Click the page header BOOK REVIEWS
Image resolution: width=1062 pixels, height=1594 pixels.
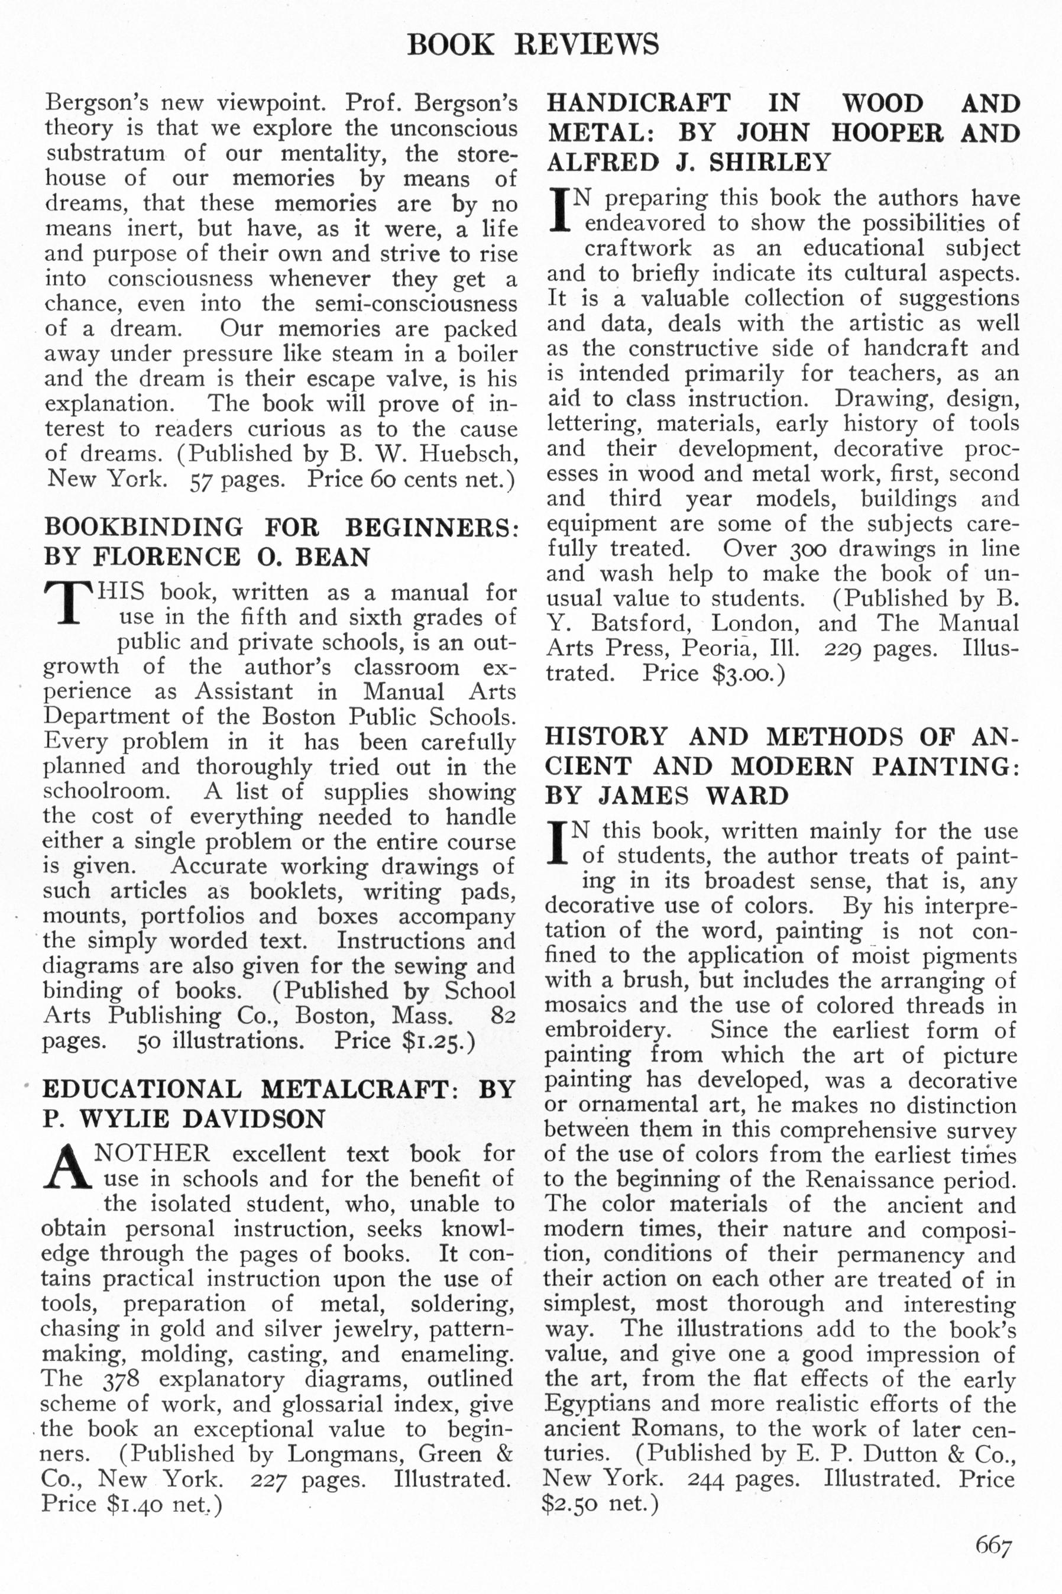click(532, 45)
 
